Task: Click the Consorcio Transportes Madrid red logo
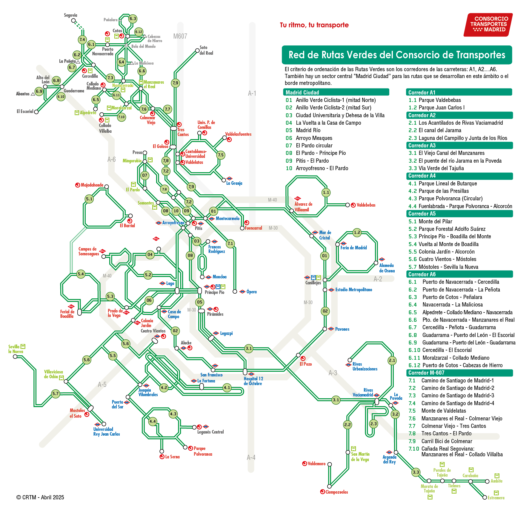(x=488, y=25)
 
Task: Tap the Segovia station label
(x=70, y=15)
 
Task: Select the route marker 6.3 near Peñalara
(x=133, y=19)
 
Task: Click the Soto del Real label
(x=206, y=50)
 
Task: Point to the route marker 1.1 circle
(x=326, y=193)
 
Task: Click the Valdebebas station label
(x=366, y=205)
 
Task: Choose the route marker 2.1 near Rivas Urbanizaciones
(x=392, y=360)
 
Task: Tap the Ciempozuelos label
(x=336, y=492)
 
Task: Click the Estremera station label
(x=496, y=498)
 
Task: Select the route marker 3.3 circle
(x=416, y=472)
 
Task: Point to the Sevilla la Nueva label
(x=16, y=349)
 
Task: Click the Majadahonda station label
(x=92, y=185)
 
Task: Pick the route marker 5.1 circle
(x=89, y=199)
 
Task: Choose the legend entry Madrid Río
(x=308, y=130)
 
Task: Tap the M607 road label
(x=180, y=36)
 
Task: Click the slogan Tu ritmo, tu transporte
(x=314, y=25)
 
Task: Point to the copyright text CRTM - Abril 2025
(x=40, y=497)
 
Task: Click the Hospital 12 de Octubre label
(x=253, y=381)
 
